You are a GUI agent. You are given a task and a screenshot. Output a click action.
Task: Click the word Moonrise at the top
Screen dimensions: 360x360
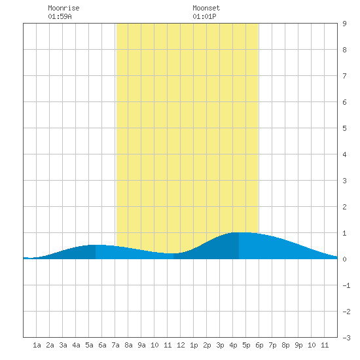click(63, 8)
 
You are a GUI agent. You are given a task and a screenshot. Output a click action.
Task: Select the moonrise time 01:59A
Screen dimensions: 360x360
click(60, 16)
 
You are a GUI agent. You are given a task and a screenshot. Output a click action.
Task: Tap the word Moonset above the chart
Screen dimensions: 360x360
click(206, 8)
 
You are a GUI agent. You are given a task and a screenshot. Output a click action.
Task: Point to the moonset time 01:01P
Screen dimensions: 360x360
click(204, 16)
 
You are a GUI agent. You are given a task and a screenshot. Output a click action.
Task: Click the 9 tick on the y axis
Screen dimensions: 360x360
click(344, 24)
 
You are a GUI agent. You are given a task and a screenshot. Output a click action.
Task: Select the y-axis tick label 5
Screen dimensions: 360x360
click(344, 128)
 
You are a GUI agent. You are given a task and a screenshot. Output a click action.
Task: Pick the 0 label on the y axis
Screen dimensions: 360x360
click(344, 259)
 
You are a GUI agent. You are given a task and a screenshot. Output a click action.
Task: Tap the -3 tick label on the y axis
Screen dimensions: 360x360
click(346, 338)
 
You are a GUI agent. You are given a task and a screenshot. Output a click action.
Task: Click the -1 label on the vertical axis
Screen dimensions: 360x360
click(346, 285)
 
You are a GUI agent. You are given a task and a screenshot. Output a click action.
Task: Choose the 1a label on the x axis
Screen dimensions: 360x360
click(37, 345)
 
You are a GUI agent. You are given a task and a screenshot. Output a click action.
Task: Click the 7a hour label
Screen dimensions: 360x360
click(115, 345)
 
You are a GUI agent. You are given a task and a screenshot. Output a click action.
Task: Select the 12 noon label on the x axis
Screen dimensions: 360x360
click(181, 345)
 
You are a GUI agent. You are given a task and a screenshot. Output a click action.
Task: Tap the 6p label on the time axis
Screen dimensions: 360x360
click(259, 345)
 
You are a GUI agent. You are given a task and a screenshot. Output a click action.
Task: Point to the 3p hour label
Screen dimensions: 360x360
click(220, 345)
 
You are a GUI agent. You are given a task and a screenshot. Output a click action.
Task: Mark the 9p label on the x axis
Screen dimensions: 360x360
click(298, 345)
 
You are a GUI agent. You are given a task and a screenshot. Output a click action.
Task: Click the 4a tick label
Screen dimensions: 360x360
click(76, 345)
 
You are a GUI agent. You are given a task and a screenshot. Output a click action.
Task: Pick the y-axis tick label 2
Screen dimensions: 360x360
click(344, 207)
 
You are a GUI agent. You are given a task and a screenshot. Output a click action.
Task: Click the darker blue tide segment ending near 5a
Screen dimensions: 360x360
click(76, 253)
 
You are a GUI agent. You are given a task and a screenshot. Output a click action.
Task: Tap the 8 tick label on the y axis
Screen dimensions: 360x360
click(344, 50)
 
